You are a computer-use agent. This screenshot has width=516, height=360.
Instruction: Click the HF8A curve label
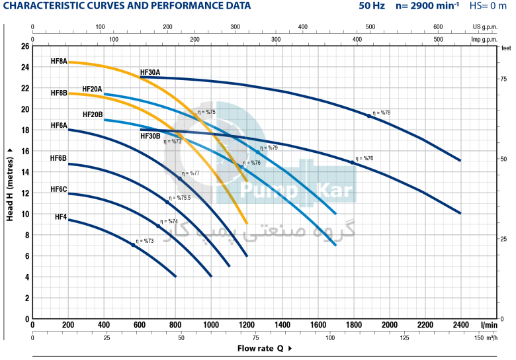point(59,61)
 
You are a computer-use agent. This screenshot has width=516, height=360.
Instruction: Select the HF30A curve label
point(150,72)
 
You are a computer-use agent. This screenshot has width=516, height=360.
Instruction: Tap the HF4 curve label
point(61,216)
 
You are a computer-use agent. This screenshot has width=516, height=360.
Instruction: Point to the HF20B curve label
point(93,114)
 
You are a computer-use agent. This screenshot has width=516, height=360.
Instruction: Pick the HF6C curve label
point(59,189)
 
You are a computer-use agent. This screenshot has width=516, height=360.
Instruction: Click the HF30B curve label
point(150,136)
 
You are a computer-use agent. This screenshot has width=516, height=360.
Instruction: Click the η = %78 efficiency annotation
point(382,113)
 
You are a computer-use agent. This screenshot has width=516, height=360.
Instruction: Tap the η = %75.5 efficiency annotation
point(179,198)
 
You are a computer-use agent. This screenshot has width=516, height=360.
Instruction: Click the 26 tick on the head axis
point(25,46)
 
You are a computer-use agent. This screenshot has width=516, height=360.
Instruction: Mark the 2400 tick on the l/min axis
point(460,325)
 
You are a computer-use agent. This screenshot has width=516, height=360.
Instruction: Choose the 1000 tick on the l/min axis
point(211,325)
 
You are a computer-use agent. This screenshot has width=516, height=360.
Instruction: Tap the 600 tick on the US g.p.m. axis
point(438,27)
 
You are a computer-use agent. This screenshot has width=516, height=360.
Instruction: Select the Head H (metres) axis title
point(10,184)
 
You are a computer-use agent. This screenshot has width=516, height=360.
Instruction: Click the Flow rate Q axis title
point(261,348)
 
